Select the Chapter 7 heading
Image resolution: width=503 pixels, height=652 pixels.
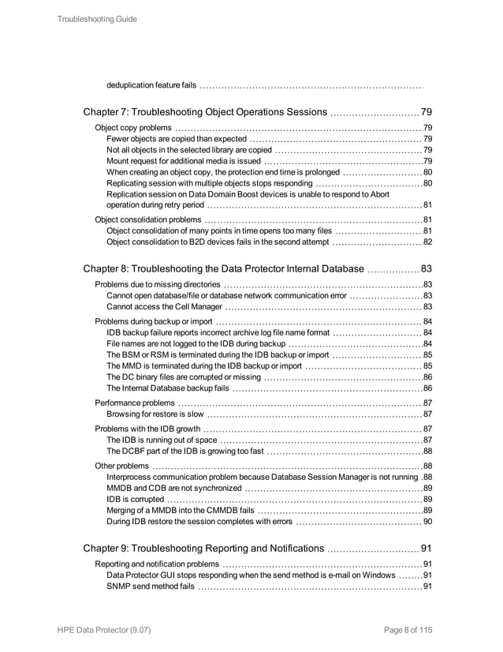coord(204,111)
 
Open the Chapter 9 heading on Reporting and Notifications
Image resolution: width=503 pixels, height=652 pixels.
coord(203,548)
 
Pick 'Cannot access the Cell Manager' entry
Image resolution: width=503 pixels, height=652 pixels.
coord(167,307)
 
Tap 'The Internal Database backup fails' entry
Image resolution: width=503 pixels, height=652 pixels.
coord(168,388)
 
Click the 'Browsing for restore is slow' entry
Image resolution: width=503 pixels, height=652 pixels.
coord(155,414)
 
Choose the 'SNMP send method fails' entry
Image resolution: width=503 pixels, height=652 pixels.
coord(150,586)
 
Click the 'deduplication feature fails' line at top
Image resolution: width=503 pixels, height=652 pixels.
coord(151,84)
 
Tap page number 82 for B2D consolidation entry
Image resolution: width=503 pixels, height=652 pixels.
coord(427,242)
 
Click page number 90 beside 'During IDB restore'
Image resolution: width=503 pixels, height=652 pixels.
coord(427,521)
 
